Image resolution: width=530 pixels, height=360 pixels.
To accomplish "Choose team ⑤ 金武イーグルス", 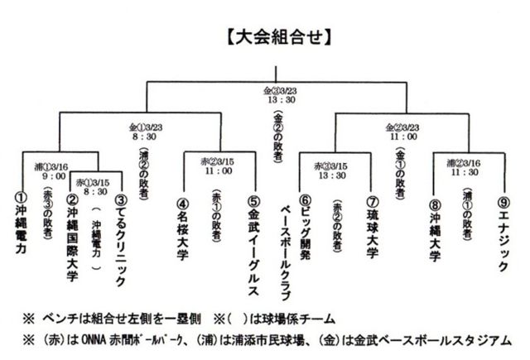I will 254,240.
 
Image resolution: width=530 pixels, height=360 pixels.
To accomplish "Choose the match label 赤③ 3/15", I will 330,166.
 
